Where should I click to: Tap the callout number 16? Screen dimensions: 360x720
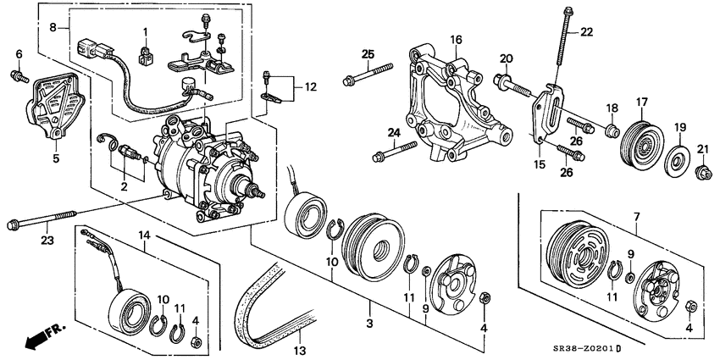click(456, 40)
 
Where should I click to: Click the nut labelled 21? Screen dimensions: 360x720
click(702, 174)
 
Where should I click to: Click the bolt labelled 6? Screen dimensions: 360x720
click(19, 78)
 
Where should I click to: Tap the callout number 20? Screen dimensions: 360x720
click(506, 58)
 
